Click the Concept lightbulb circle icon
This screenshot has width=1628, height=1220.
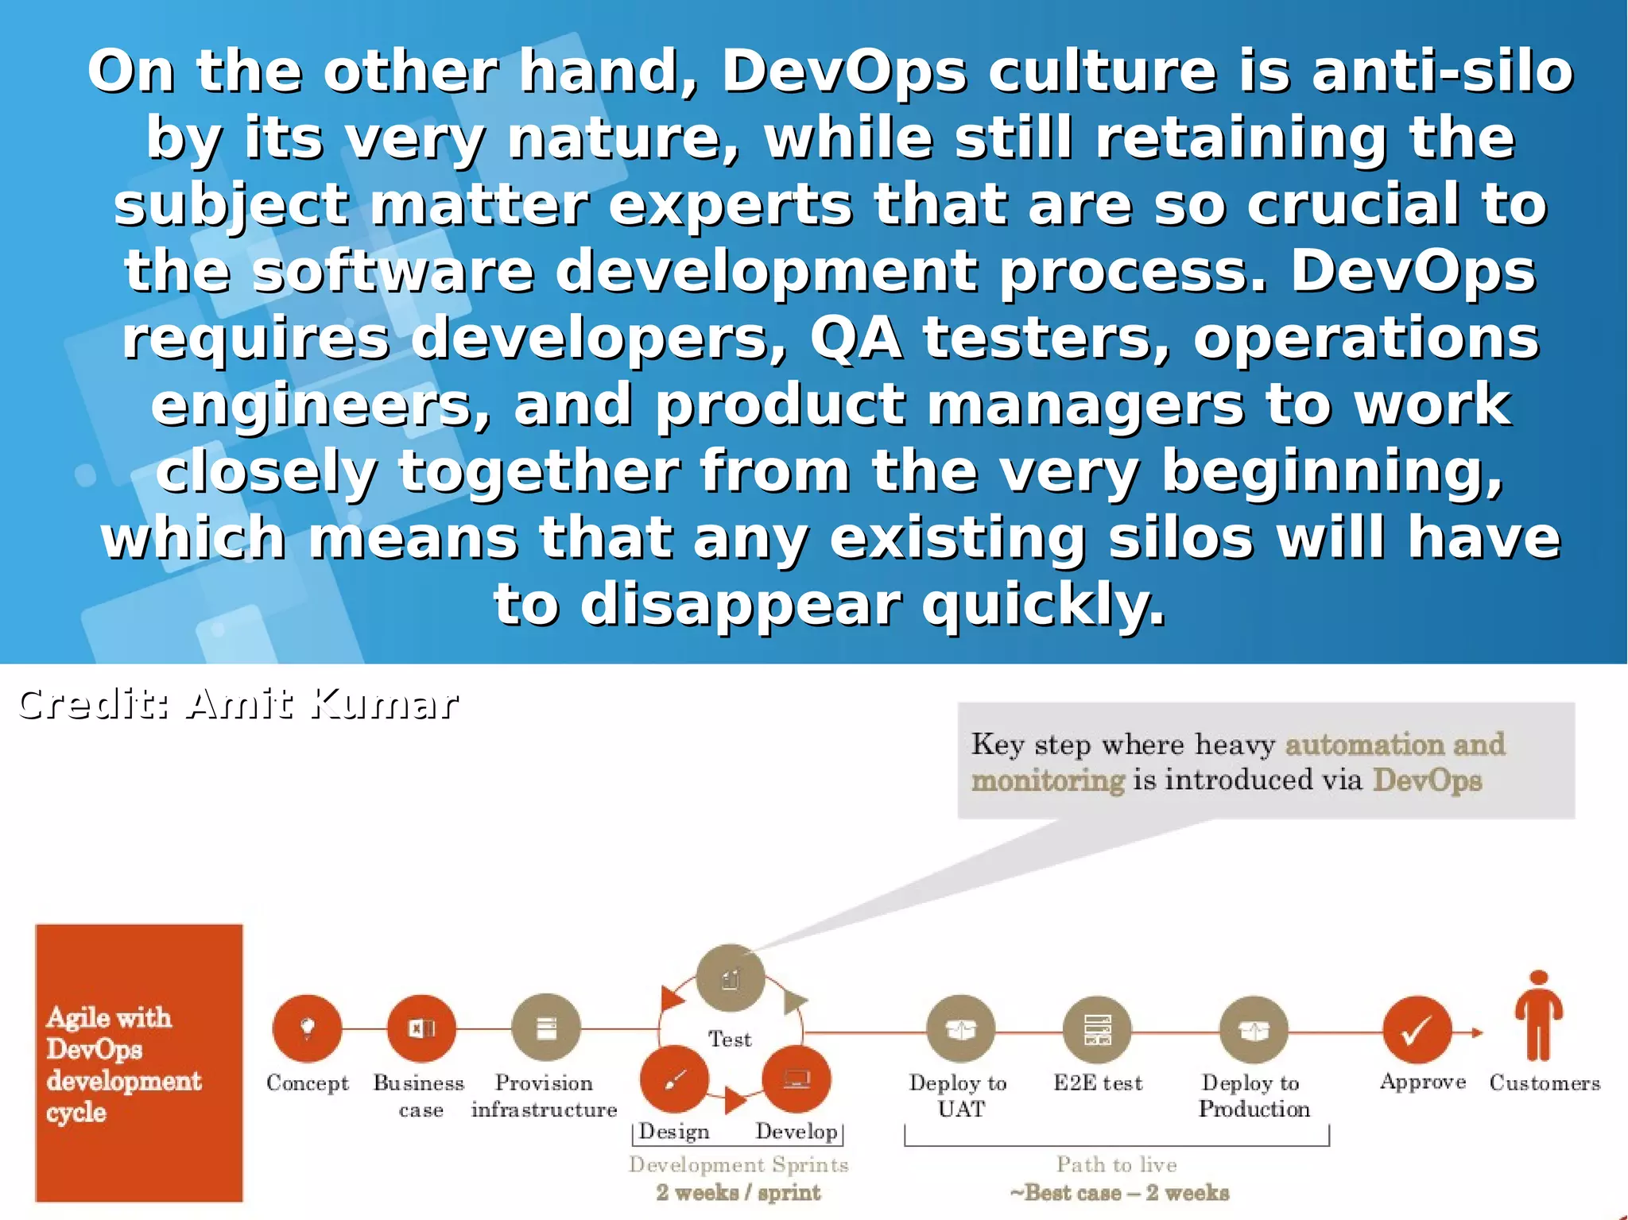307,1028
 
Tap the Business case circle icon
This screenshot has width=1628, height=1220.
421,1028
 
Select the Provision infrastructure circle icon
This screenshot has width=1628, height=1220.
546,1028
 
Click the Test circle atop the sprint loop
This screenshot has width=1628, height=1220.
730,978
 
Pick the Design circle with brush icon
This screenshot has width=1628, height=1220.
674,1079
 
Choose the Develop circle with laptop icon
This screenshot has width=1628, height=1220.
796,1079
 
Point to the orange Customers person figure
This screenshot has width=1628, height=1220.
1539,1017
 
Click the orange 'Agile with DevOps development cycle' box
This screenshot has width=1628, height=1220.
139,1063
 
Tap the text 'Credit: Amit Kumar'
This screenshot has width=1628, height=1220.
238,704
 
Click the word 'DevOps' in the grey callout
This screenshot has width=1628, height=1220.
1428,780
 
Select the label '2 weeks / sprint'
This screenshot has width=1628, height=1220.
738,1192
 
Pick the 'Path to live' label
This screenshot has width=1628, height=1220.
1116,1164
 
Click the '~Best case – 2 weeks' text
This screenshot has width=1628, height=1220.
1119,1192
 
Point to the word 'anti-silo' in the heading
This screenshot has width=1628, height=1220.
1442,72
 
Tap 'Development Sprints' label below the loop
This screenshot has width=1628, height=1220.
738,1164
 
